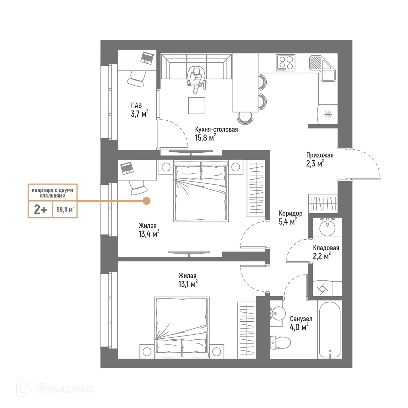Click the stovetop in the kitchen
(x=285, y=63)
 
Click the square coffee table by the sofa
(x=197, y=105)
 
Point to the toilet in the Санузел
(x=280, y=342)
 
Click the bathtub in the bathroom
(x=329, y=329)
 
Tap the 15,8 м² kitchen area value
(x=205, y=138)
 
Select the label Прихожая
(x=320, y=155)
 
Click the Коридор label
(x=290, y=213)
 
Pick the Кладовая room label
(x=326, y=248)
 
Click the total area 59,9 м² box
(x=65, y=209)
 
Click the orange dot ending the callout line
(x=146, y=201)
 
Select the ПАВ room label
(x=136, y=105)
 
